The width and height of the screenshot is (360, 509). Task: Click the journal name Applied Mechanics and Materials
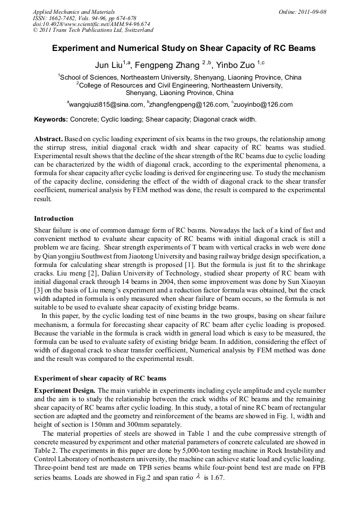[x=74, y=12]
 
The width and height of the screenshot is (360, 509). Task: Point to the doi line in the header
[x=91, y=24]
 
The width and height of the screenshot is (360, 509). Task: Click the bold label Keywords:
[x=51, y=119]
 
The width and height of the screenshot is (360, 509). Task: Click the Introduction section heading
[x=54, y=218]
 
